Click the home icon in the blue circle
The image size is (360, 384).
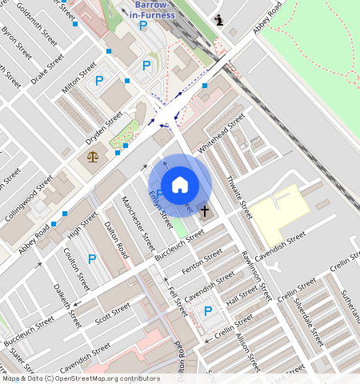point(180,186)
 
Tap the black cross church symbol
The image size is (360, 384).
point(205,211)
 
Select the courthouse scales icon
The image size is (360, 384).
point(94,154)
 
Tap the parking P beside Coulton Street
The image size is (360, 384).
point(92,259)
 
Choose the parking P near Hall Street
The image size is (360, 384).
point(208,311)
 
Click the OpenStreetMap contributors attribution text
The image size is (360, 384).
point(79,378)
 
